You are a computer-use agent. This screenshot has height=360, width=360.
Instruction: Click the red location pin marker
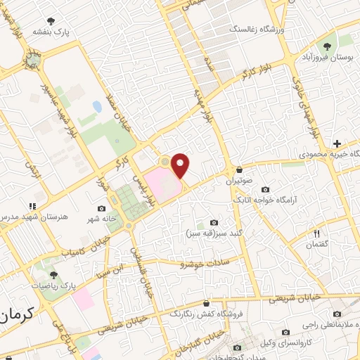click(180, 165)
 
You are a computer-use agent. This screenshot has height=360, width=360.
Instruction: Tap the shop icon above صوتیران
click(240, 169)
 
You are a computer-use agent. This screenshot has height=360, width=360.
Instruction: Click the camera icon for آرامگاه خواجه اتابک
click(265, 189)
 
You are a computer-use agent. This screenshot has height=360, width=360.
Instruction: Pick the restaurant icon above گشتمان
click(316, 233)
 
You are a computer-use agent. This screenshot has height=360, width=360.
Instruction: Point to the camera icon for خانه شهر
click(102, 208)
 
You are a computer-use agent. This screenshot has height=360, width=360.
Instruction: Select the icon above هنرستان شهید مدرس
click(32, 206)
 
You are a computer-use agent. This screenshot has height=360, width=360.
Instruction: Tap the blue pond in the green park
click(96, 107)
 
